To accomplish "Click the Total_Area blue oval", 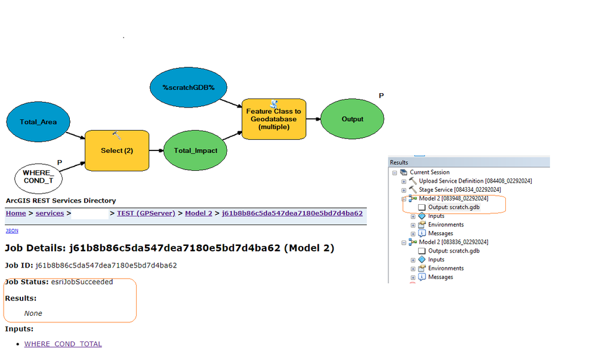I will pyautogui.click(x=38, y=122).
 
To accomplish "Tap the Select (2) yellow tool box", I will pyautogui.click(x=116, y=150).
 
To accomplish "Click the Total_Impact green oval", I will pyautogui.click(x=195, y=150).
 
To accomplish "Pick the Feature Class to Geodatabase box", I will pyautogui.click(x=274, y=119).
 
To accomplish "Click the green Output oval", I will pyautogui.click(x=352, y=119).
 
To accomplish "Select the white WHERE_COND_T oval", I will pyautogui.click(x=38, y=177).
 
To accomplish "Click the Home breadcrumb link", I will pyautogui.click(x=16, y=213).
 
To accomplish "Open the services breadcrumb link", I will pyautogui.click(x=50, y=213).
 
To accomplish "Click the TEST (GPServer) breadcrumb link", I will pyautogui.click(x=146, y=213).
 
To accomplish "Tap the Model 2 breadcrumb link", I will pyautogui.click(x=199, y=213).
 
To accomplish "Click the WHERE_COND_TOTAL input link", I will pyautogui.click(x=63, y=344).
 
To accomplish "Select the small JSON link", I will pyautogui.click(x=11, y=230).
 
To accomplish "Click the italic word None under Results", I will pyautogui.click(x=33, y=313).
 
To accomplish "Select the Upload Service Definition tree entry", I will pyautogui.click(x=475, y=181).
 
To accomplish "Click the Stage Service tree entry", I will pyautogui.click(x=459, y=190).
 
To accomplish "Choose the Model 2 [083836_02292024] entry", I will pyautogui.click(x=453, y=242).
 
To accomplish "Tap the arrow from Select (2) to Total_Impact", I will pyautogui.click(x=156, y=150).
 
